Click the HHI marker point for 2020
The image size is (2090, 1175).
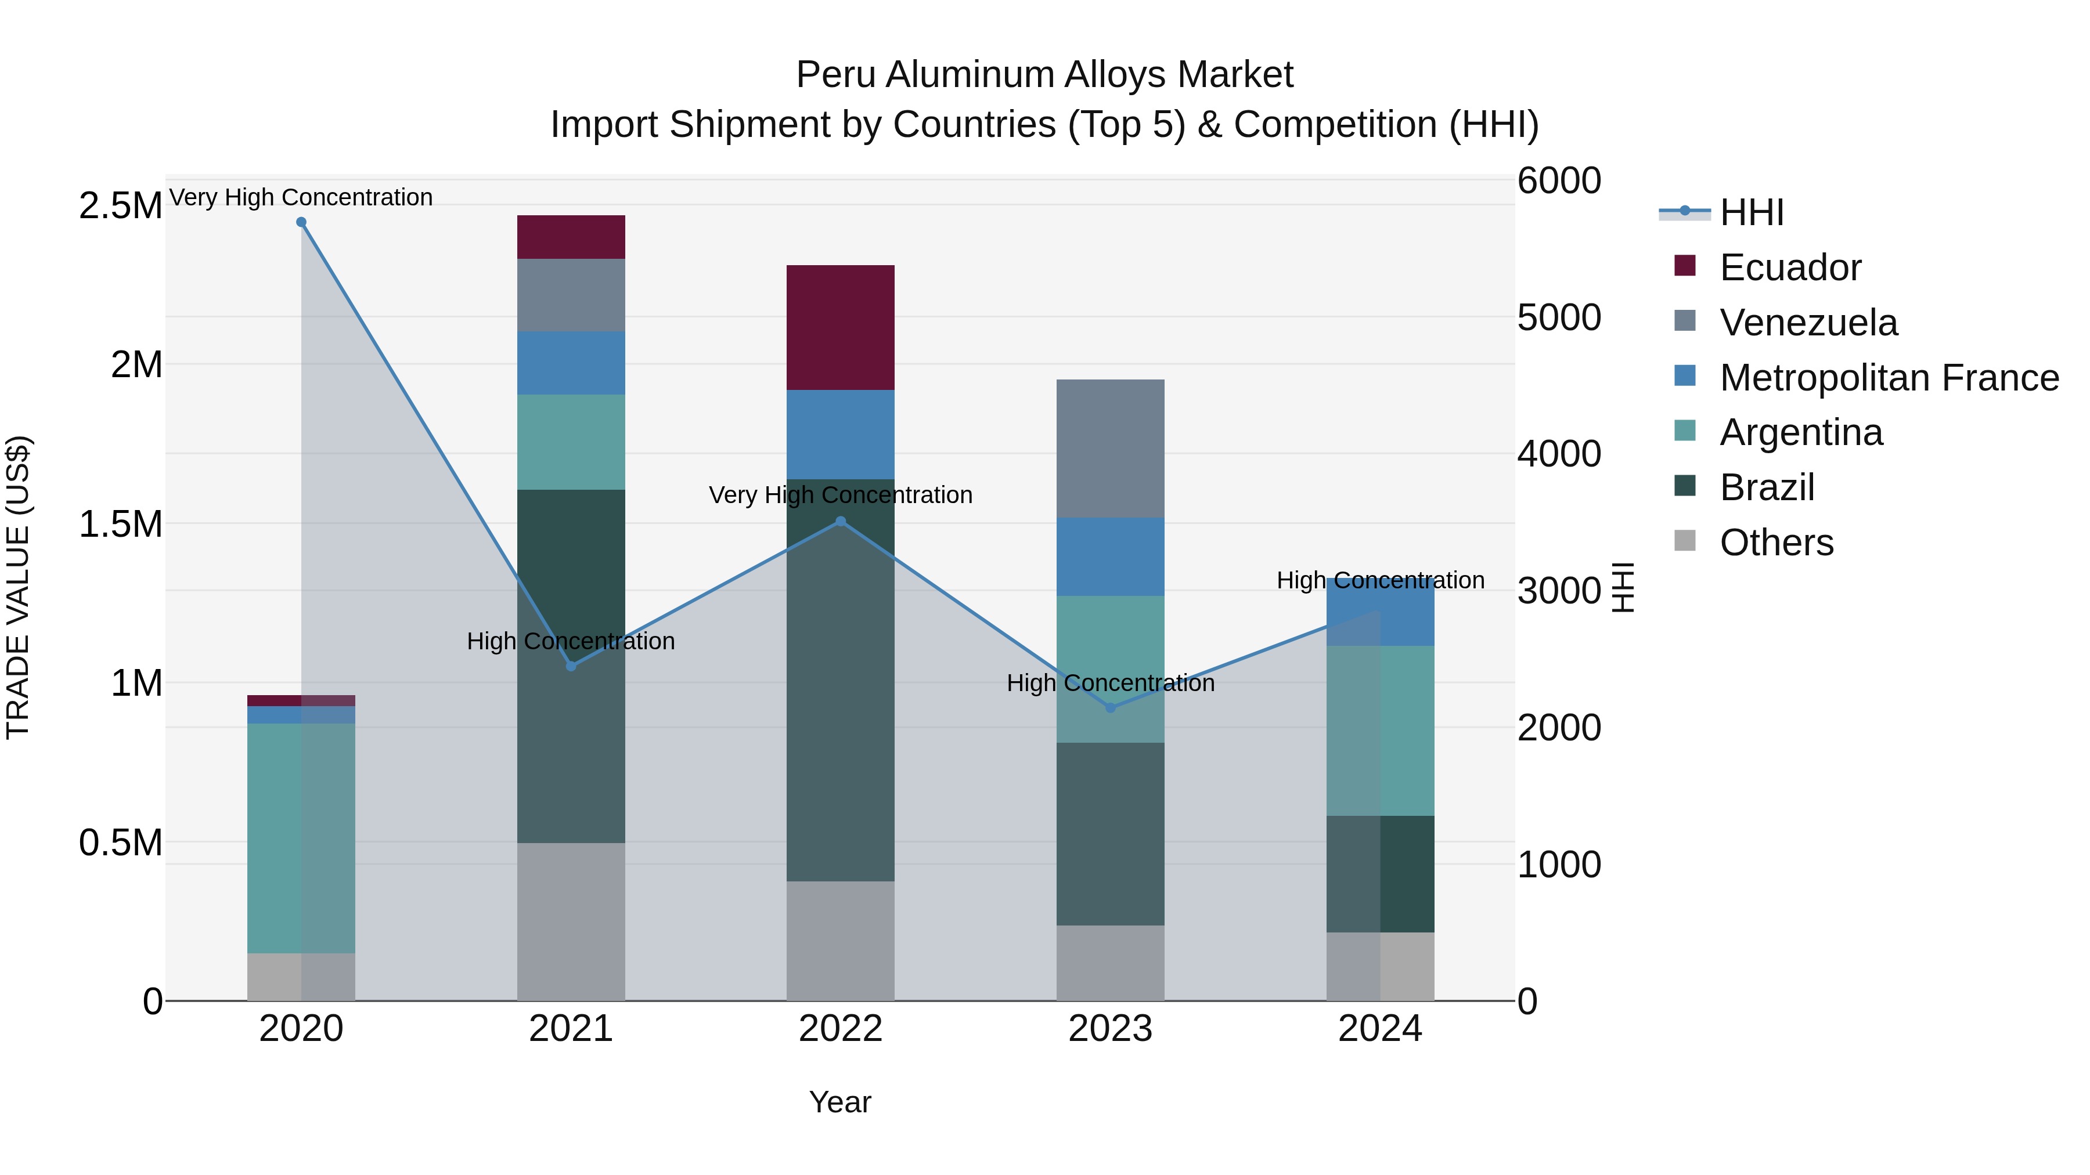click(x=301, y=222)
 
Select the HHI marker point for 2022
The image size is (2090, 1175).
click(x=841, y=522)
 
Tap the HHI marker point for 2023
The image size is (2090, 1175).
click(x=1111, y=708)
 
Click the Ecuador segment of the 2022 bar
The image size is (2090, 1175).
click(x=841, y=328)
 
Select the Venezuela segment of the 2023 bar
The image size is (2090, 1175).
click(x=1110, y=449)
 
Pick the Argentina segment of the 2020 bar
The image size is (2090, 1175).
click(x=301, y=838)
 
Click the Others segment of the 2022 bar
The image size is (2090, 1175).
click(x=841, y=941)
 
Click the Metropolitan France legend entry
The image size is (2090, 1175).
click(x=1888, y=378)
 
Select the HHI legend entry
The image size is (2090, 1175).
click(x=1751, y=212)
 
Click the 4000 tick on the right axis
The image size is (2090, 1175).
click(x=1559, y=454)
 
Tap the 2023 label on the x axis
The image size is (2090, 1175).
click(x=1110, y=1029)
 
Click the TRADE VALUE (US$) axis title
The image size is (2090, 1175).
click(x=18, y=587)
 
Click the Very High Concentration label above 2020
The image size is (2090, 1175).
click(x=301, y=197)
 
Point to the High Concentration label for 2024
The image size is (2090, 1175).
click(x=1380, y=581)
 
